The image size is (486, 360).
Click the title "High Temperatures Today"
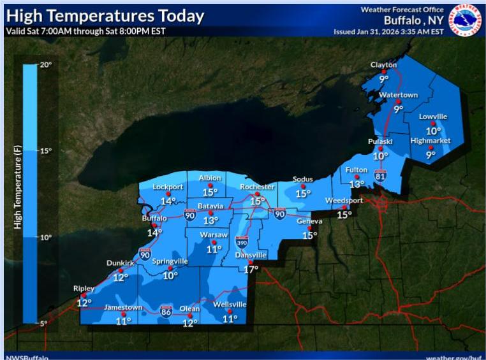[105, 16]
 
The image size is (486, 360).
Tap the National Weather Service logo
[466, 18]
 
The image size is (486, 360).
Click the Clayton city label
[384, 65]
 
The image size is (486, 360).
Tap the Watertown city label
[398, 95]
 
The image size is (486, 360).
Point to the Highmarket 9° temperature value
[431, 154]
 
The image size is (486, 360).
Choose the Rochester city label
[257, 187]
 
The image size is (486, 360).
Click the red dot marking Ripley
[84, 296]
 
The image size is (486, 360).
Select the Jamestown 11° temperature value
[123, 320]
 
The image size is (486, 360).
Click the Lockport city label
[168, 187]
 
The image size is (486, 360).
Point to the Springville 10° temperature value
[170, 275]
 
